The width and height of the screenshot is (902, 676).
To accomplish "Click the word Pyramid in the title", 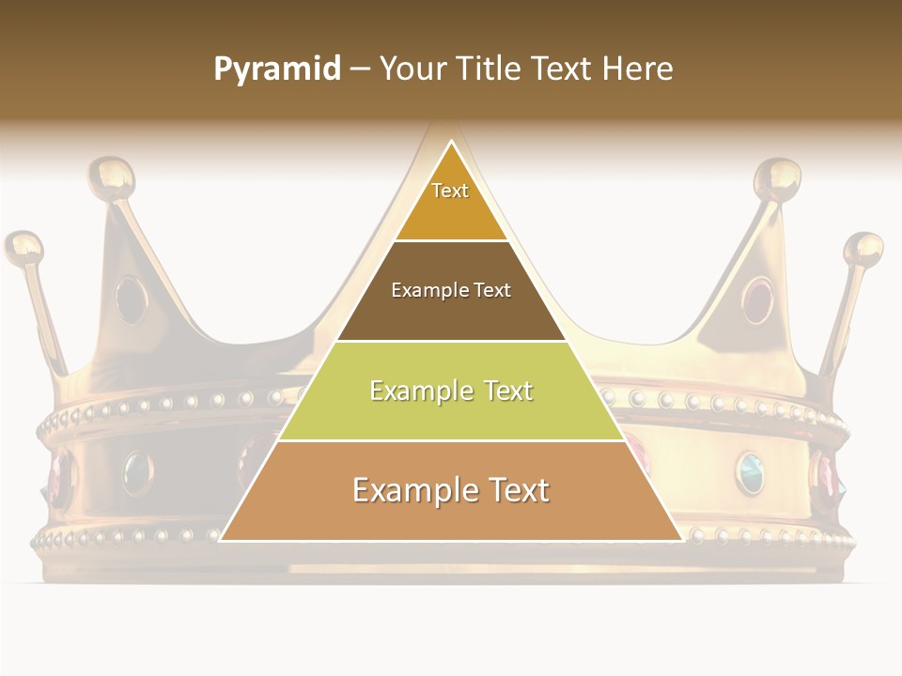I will (277, 69).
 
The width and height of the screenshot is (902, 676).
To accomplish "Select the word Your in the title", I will (413, 69).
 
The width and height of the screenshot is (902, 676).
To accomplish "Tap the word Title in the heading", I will (491, 69).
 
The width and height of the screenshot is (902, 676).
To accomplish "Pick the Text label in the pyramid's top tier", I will (450, 191).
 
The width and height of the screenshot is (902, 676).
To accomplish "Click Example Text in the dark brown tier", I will (451, 290).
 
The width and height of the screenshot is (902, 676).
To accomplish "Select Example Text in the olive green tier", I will (451, 391).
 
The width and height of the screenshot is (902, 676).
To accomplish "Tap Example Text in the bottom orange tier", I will (451, 490).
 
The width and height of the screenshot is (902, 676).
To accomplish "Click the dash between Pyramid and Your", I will (360, 69).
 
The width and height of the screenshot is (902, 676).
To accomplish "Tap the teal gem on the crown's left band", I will (138, 471).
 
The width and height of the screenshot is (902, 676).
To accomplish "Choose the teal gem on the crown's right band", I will (750, 471).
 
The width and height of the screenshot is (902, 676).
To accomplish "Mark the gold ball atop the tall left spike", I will (111, 177).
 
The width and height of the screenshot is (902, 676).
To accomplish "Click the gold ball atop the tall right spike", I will (778, 177).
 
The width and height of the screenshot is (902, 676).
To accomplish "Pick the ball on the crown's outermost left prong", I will (24, 249).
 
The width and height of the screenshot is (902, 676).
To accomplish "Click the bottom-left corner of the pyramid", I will (220, 541).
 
